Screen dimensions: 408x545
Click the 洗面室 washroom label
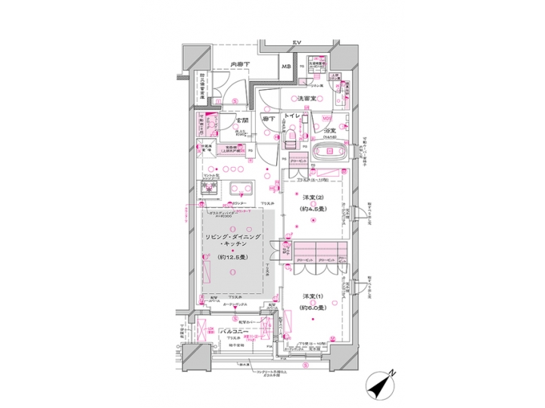pos(306,99)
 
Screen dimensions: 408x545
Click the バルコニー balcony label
pos(236,332)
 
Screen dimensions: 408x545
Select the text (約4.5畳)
pos(313,209)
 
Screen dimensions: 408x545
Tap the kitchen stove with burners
pos(208,187)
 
